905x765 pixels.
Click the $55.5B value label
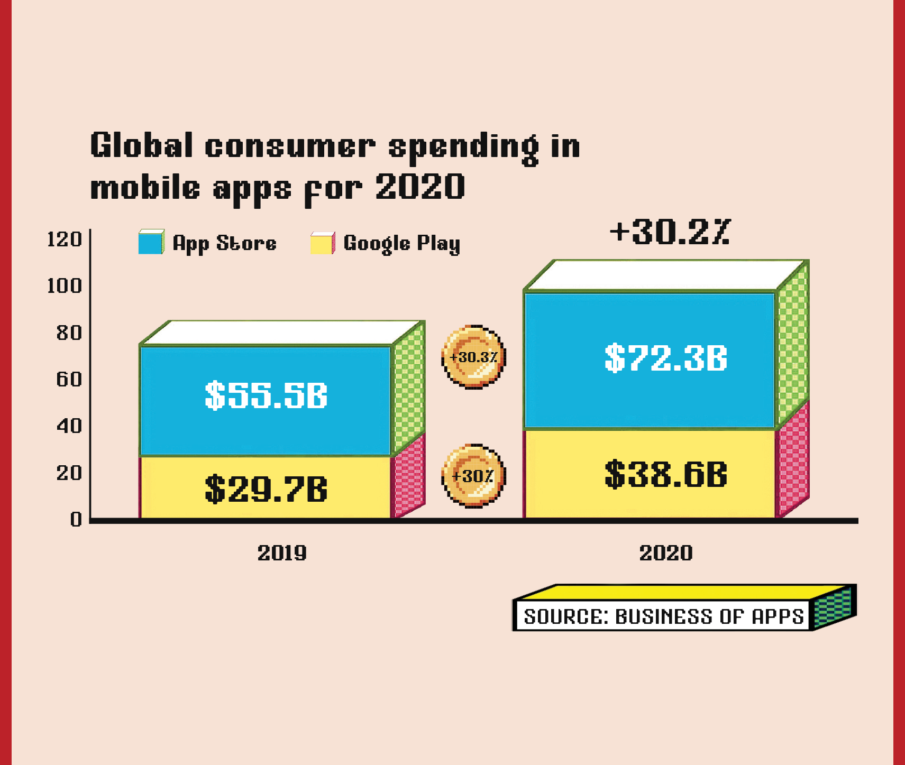pos(266,395)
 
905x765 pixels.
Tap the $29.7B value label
pos(266,489)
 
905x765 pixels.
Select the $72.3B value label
pos(666,358)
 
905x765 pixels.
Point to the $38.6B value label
pos(666,474)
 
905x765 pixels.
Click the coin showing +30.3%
pos(473,357)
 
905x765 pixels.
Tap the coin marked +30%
pos(473,476)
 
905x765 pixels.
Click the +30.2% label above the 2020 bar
pos(670,232)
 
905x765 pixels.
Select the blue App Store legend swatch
pos(151,243)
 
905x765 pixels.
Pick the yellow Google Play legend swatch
pos(322,243)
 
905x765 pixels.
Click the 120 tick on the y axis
pos(65,239)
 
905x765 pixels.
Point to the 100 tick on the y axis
pos(65,286)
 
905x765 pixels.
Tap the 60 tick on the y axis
pos(69,379)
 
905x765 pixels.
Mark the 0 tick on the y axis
pos(76,519)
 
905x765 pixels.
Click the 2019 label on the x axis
pos(282,553)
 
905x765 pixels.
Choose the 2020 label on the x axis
pos(666,553)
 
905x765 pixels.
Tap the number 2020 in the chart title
pos(420,187)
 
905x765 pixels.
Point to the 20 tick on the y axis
pos(69,473)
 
